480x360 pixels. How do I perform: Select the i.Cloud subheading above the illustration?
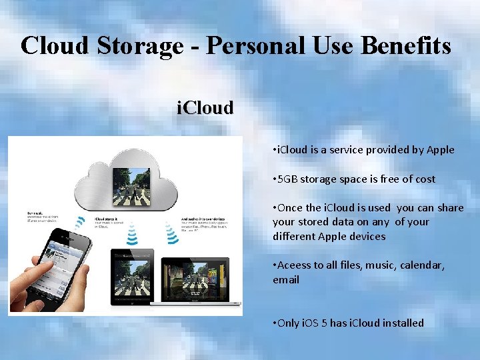[205, 108]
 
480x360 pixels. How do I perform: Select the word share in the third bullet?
[450, 208]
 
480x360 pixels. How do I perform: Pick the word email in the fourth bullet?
[286, 280]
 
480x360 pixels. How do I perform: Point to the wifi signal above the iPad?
[132, 233]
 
